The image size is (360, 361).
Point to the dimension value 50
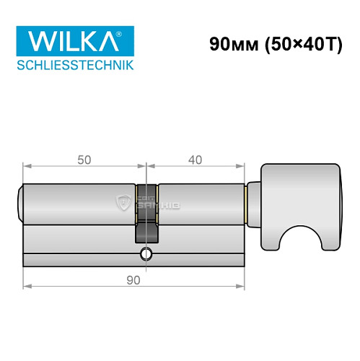[x=84, y=160]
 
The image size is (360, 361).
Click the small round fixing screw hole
[x=146, y=253]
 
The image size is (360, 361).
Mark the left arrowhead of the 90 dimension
[x=27, y=286]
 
